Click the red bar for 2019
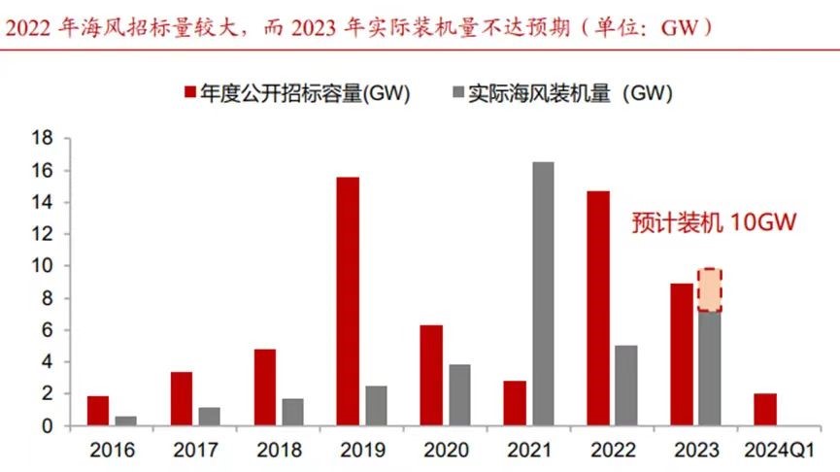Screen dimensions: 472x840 tap(348, 301)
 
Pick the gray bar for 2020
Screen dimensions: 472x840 tap(460, 395)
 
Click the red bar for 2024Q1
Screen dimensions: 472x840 tap(765, 409)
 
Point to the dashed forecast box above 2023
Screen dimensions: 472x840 tap(710, 290)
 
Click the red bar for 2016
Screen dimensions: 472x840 tap(98, 411)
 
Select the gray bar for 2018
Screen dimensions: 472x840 tap(293, 412)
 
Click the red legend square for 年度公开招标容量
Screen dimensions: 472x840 tap(190, 93)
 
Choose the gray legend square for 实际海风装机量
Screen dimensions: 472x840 tap(458, 93)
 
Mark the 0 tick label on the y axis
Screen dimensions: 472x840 tap(46, 425)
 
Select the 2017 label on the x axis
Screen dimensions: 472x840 tap(195, 451)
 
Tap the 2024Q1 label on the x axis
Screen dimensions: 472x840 tap(780, 451)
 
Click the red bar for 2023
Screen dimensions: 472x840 tap(682, 354)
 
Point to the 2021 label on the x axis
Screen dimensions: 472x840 tap(529, 451)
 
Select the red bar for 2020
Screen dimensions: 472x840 tap(431, 375)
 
